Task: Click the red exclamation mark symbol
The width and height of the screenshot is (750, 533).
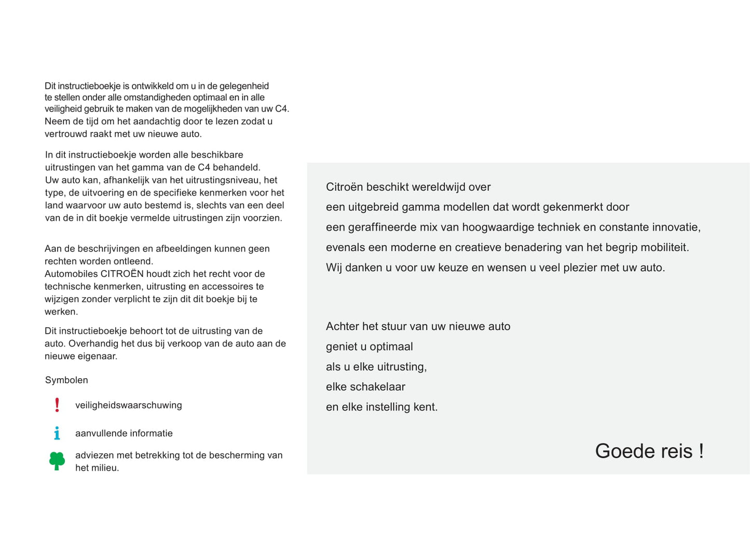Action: pyautogui.click(x=57, y=405)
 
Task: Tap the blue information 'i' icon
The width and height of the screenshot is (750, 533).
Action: pyautogui.click(x=57, y=433)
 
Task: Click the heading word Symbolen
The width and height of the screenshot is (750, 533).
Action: pyautogui.click(x=66, y=380)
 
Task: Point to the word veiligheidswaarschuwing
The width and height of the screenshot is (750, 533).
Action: pyautogui.click(x=129, y=405)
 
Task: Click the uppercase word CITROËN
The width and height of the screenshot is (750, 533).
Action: pyautogui.click(x=122, y=274)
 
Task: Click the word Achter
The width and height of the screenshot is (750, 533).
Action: pyautogui.click(x=343, y=327)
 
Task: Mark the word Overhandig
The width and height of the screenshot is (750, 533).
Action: pyautogui.click(x=93, y=344)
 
